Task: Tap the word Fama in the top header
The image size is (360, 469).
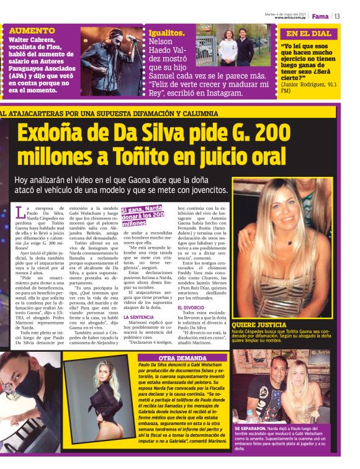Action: point(320,16)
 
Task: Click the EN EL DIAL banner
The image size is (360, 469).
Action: point(308,34)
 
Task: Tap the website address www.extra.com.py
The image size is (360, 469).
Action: point(292,18)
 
